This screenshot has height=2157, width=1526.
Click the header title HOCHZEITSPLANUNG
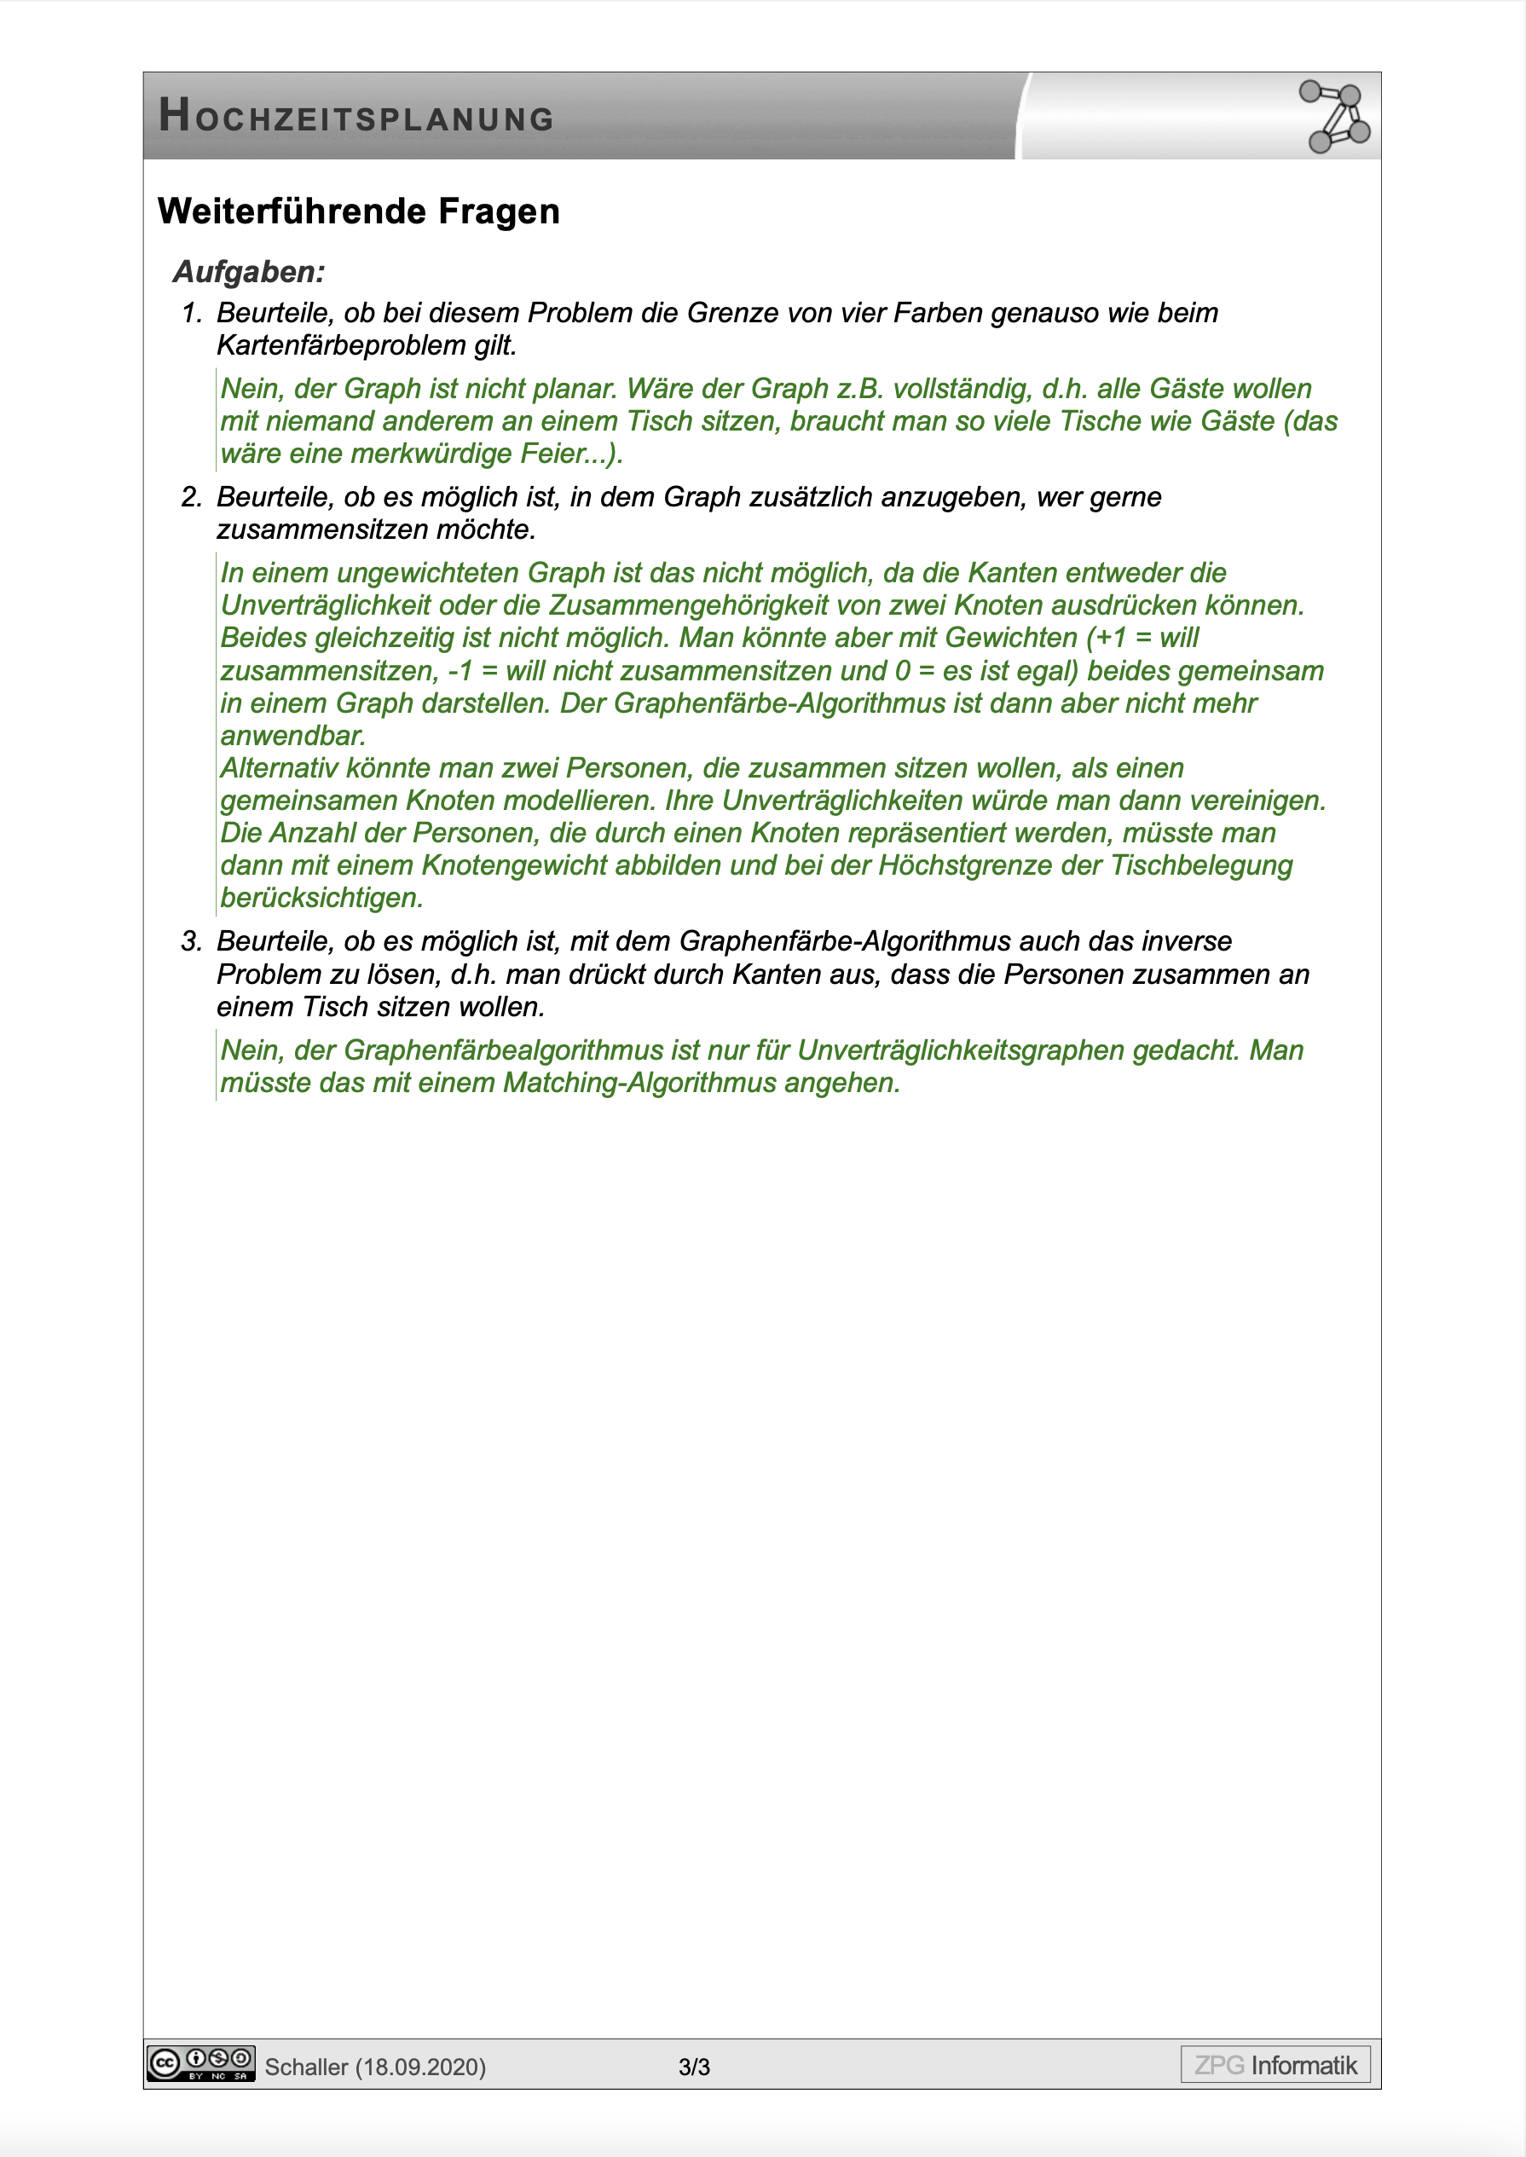(356, 117)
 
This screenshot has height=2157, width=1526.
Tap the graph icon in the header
(1334, 117)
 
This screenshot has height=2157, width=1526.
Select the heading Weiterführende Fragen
(358, 211)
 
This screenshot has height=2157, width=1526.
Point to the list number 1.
(191, 313)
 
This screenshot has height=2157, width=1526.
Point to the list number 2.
(191, 497)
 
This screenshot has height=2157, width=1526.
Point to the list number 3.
(191, 941)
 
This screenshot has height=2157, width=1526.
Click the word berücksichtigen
(321, 898)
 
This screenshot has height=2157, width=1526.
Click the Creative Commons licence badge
(201, 2064)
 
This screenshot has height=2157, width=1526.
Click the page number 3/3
(695, 2067)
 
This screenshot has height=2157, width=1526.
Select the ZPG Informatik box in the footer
(1275, 2065)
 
